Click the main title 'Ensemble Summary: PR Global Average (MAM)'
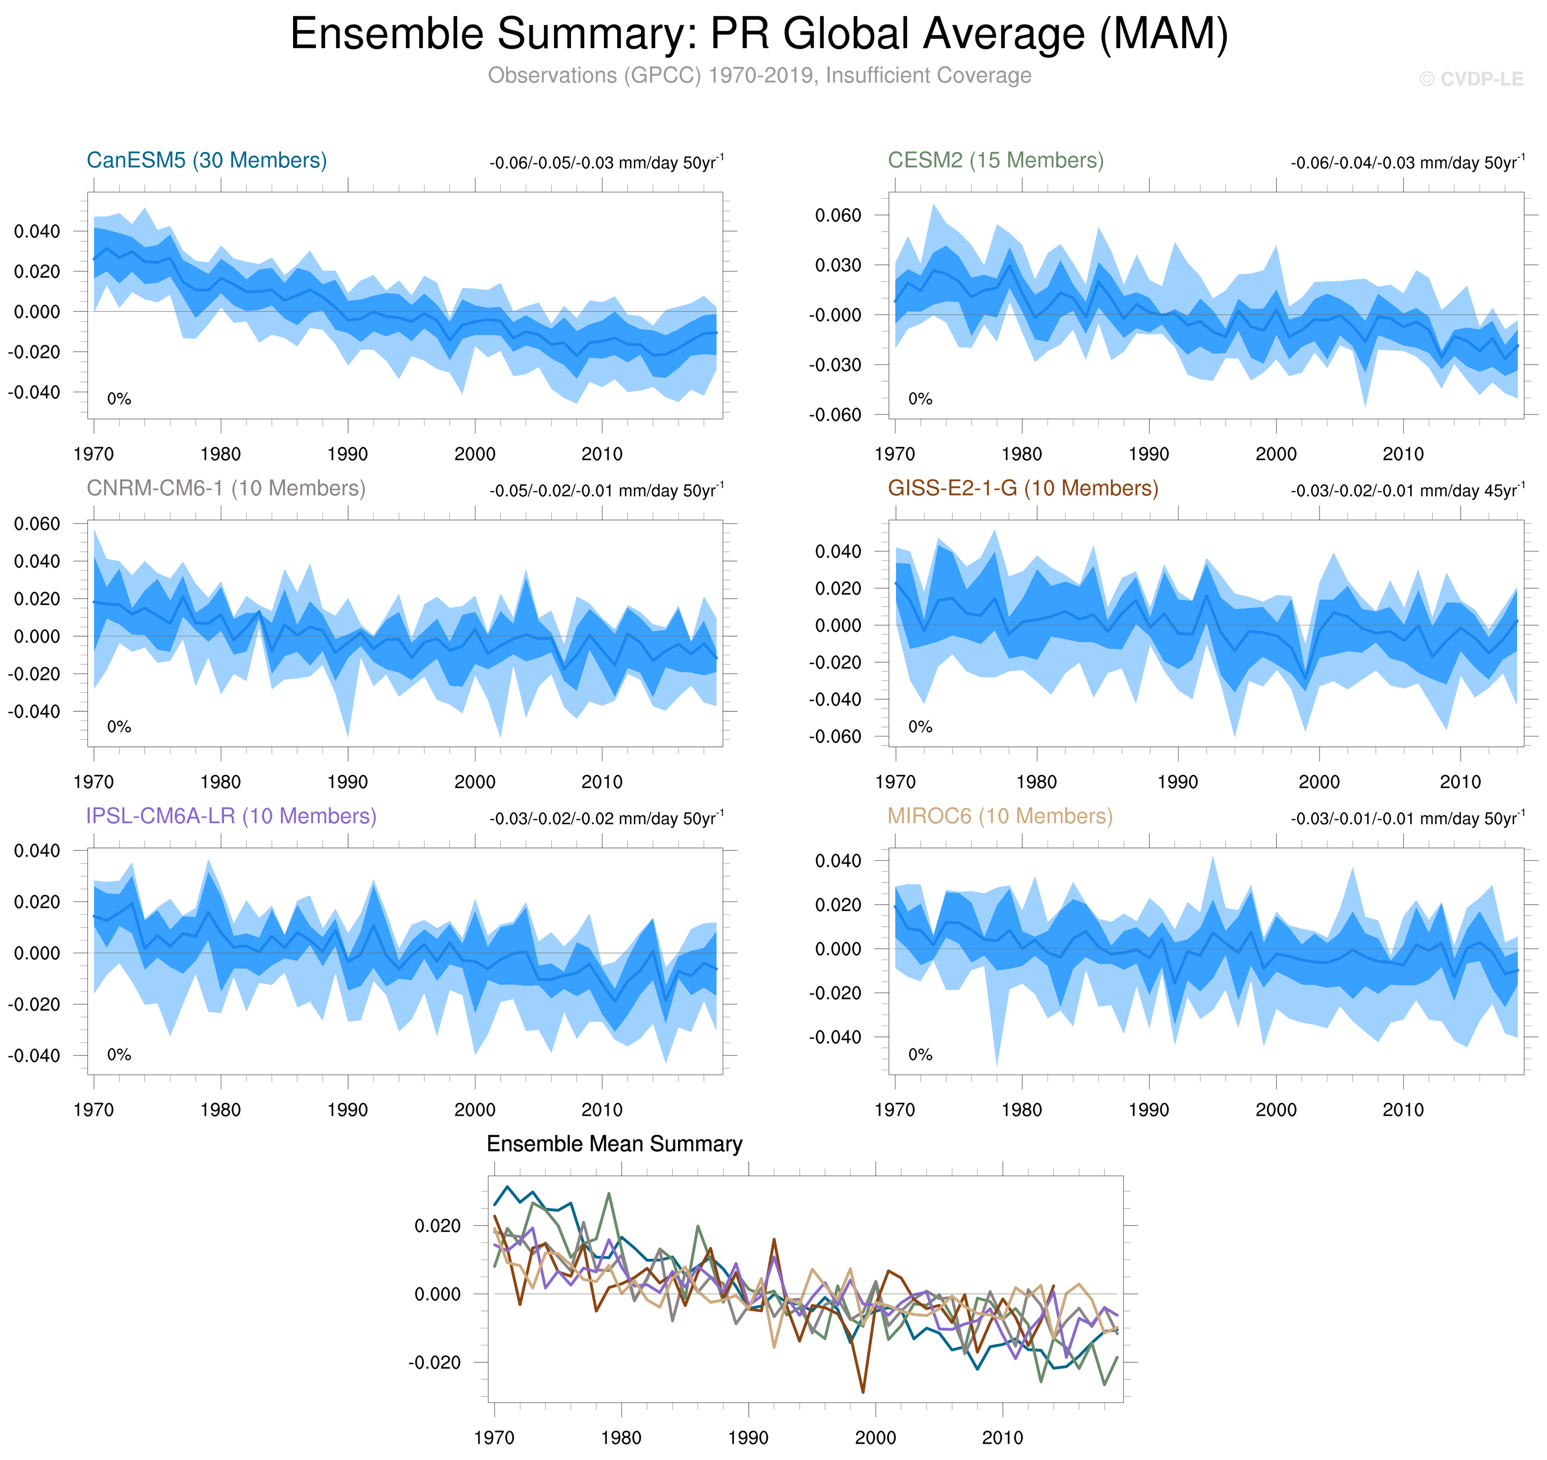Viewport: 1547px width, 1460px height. (759, 34)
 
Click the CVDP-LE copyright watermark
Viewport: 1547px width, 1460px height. (1471, 79)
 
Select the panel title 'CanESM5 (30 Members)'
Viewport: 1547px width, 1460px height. (206, 160)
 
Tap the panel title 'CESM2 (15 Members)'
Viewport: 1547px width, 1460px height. (995, 160)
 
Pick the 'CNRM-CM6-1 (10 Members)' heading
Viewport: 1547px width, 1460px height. (226, 488)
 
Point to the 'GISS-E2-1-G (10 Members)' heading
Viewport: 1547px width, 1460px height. (1022, 488)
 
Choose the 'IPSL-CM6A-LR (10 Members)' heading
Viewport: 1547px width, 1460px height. (231, 816)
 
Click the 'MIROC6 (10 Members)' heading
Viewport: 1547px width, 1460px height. (1000, 816)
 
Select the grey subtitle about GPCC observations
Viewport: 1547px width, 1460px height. (759, 75)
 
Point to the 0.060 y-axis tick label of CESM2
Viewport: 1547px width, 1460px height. (838, 216)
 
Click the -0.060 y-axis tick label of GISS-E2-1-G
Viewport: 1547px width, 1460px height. (835, 736)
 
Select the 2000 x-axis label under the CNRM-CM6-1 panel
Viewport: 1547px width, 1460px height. (475, 782)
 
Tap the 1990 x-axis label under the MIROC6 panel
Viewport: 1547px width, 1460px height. (1149, 1110)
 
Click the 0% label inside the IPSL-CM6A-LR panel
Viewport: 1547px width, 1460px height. (119, 1055)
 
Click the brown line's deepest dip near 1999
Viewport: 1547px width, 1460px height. (863, 1392)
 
